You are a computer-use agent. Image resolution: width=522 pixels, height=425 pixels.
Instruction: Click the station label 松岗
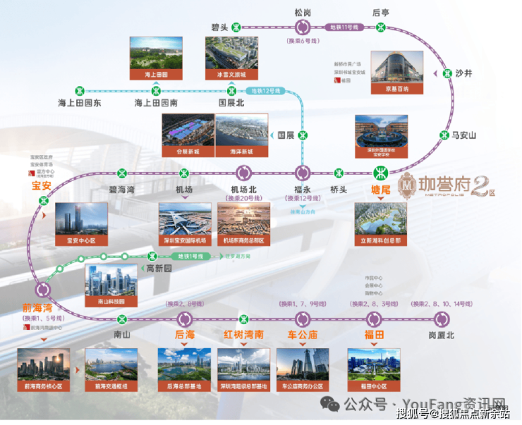(303, 12)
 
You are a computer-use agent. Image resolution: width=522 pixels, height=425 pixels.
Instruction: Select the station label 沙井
(464, 73)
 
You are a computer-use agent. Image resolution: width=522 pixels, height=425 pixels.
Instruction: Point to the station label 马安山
(464, 135)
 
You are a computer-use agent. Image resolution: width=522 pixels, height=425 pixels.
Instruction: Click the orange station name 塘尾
(381, 188)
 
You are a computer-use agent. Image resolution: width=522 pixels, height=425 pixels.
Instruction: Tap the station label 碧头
(219, 27)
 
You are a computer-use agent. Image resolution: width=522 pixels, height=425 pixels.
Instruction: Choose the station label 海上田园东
(80, 103)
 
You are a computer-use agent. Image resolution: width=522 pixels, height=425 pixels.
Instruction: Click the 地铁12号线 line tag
(266, 90)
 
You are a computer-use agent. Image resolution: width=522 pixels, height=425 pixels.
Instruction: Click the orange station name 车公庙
(303, 334)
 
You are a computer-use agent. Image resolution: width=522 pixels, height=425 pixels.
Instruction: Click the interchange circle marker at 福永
(303, 173)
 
